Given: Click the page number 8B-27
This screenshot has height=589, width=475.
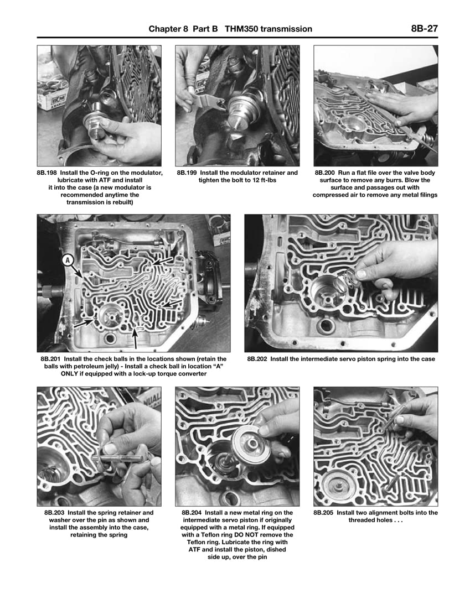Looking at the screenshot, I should pyautogui.click(x=424, y=29).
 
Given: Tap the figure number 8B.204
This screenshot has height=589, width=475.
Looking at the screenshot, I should pyautogui.click(x=194, y=513).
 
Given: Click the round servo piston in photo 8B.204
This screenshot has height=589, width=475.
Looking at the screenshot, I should pyautogui.click(x=250, y=446).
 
